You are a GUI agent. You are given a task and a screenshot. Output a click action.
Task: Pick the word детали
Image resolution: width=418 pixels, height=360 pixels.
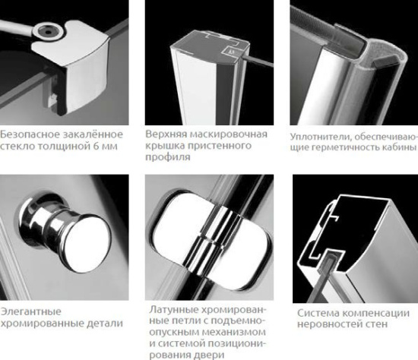pos(104,325)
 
